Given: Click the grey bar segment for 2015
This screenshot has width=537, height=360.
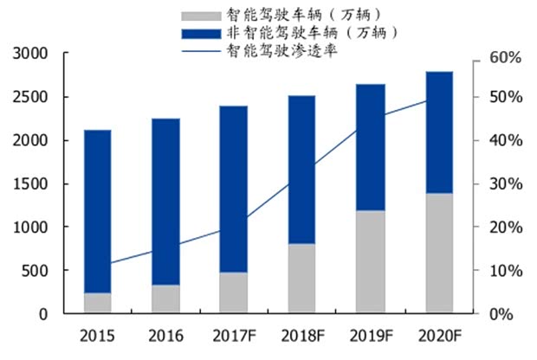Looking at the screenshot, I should [97, 303].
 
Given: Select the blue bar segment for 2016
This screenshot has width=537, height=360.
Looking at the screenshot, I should [165, 201].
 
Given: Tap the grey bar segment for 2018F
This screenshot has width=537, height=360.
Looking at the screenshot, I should [301, 278].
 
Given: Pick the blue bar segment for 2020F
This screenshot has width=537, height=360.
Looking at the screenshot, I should [438, 132].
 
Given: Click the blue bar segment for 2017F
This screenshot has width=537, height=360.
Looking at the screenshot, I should [233, 189].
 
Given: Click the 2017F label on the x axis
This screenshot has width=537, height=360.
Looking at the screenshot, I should [233, 335].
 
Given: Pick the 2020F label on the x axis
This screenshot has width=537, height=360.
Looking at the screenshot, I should [438, 335].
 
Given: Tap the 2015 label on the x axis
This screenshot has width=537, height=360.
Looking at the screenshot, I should [97, 335].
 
